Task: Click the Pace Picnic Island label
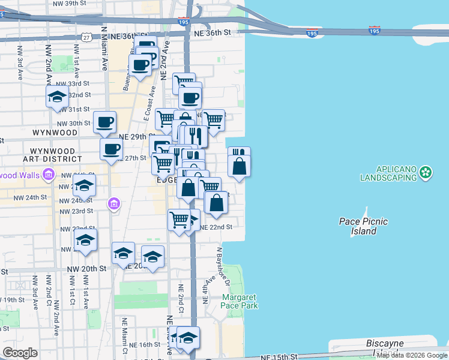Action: point(363,226)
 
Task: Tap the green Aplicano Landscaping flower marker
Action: point(426,173)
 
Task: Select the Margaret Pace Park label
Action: point(240,301)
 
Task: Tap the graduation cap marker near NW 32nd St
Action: point(58,97)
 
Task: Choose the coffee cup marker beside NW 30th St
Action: point(104,122)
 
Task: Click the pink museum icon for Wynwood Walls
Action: point(49,175)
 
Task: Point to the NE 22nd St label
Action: point(215,227)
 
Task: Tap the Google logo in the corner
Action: point(20,353)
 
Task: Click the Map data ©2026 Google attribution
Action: point(412,355)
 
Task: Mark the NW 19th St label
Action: point(13,299)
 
